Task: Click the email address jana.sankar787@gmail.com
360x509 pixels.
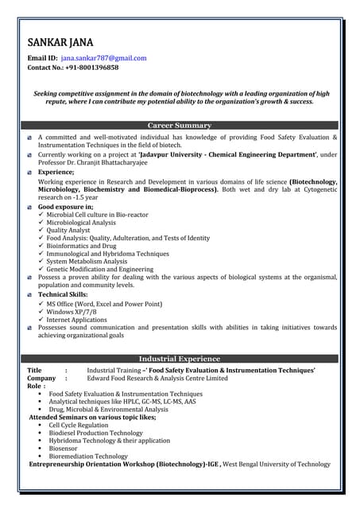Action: (x=103, y=58)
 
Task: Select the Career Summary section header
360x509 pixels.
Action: (x=180, y=126)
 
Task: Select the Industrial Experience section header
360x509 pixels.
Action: (x=180, y=359)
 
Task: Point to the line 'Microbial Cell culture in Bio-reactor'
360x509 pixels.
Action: (x=97, y=215)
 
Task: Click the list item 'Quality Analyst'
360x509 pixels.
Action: (x=74, y=231)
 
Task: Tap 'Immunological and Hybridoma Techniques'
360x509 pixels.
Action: (x=107, y=253)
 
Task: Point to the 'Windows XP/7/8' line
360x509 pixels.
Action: (x=76, y=312)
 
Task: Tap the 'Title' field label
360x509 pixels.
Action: (x=34, y=371)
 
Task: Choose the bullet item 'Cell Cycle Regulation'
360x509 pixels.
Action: (x=78, y=425)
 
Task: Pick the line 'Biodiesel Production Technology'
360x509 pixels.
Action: (x=95, y=433)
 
